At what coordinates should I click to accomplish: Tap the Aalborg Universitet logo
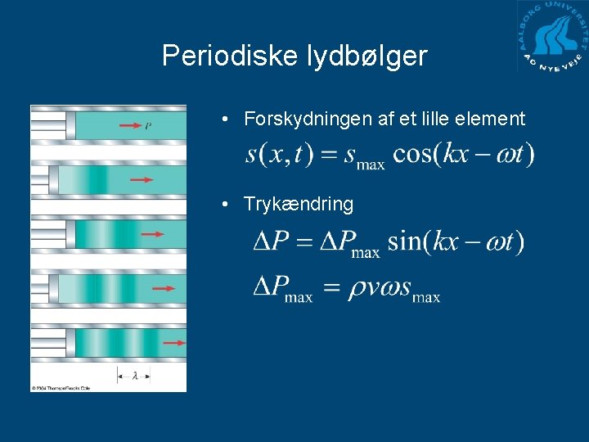click(552, 37)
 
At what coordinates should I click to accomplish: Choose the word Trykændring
click(299, 204)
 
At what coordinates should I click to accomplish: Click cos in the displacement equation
click(411, 155)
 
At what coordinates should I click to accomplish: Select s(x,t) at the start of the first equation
click(279, 155)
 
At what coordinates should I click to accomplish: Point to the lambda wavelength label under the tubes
click(134, 376)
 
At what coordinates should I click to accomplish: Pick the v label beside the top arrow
click(148, 126)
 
